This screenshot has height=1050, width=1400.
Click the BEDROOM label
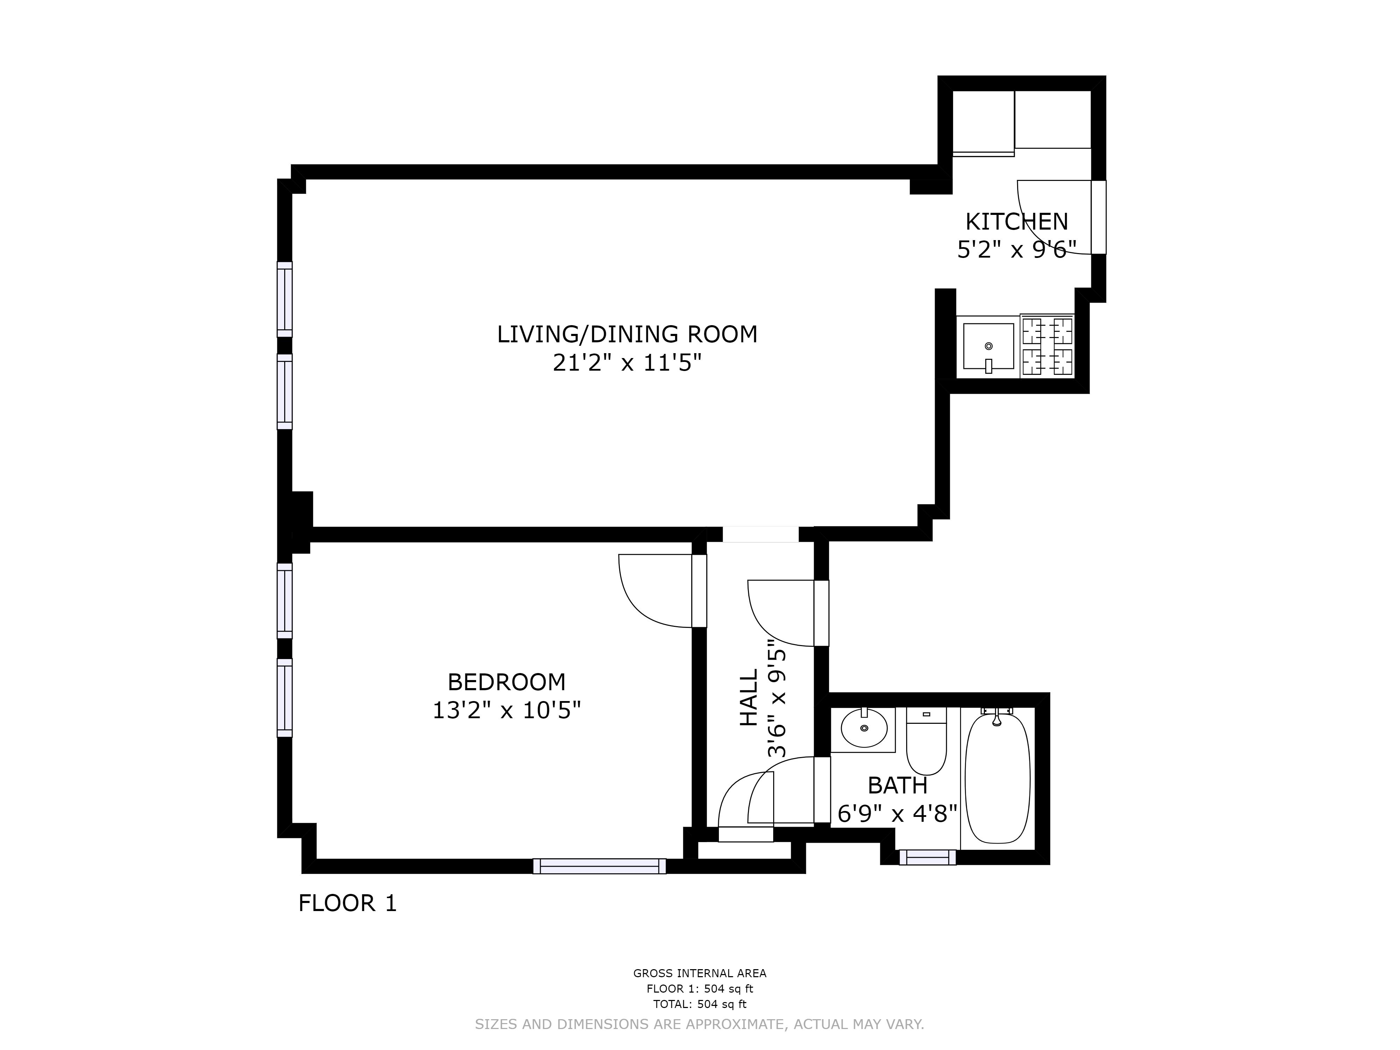click(x=506, y=682)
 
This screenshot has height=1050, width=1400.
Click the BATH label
click(x=897, y=785)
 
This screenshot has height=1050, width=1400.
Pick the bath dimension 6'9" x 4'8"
click(x=897, y=813)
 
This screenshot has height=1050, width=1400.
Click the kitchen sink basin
click(x=989, y=346)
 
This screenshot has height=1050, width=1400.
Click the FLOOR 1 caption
click(x=348, y=903)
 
